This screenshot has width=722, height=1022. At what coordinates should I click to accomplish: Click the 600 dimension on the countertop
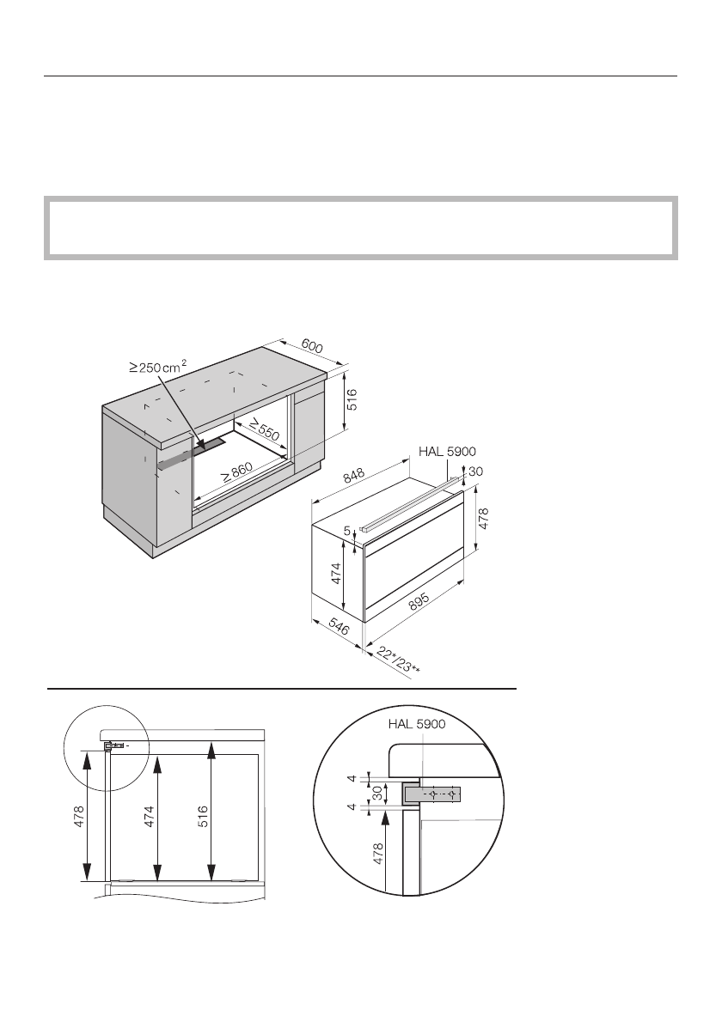[x=311, y=347]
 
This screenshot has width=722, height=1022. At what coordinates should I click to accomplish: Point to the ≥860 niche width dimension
[x=236, y=471]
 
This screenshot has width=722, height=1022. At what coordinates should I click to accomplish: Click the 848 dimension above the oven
[x=354, y=474]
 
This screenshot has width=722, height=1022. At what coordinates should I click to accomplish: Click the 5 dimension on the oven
[x=347, y=532]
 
